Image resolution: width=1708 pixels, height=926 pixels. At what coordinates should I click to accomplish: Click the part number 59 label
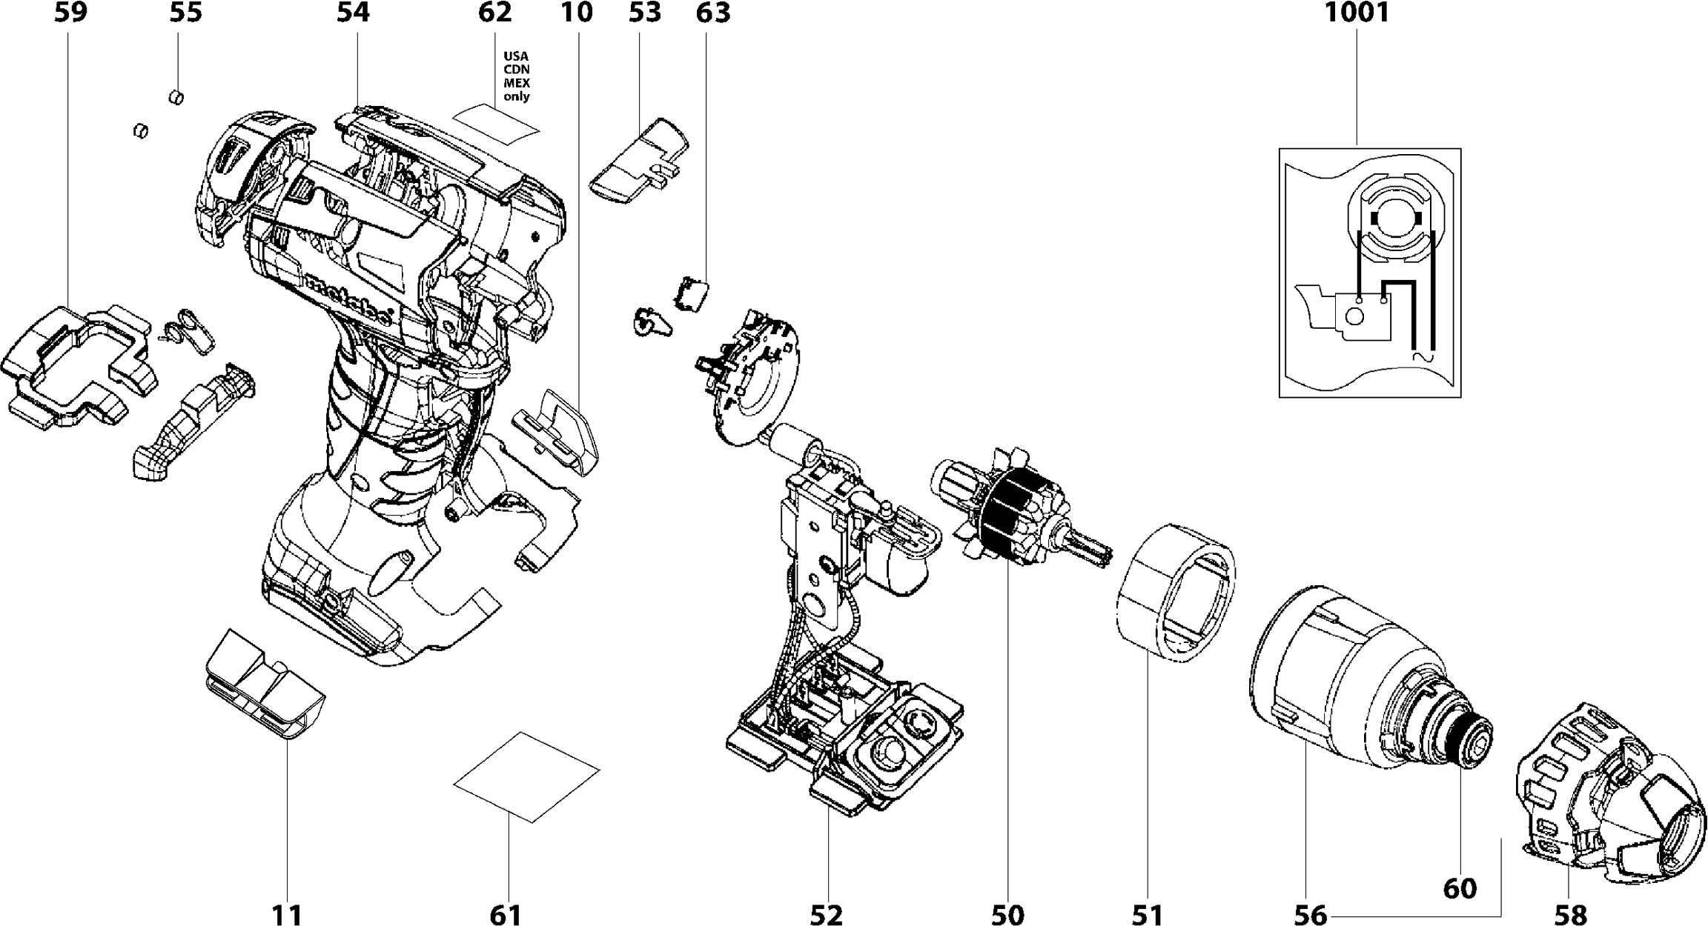click(70, 13)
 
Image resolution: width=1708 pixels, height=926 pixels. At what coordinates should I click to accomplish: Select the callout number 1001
click(1357, 13)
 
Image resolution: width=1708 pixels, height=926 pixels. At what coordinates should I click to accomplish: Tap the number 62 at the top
click(495, 13)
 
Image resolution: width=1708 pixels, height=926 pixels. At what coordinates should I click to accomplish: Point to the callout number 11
click(288, 915)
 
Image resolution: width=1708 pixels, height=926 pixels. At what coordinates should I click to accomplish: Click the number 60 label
click(1460, 888)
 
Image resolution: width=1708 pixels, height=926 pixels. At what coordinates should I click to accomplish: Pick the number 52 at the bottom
click(826, 915)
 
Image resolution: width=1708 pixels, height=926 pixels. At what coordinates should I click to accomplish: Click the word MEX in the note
click(517, 83)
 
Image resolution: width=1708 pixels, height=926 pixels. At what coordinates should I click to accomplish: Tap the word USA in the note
click(517, 56)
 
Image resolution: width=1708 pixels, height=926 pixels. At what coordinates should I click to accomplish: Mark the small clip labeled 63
click(692, 294)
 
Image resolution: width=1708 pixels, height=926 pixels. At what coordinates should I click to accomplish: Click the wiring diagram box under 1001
click(1369, 273)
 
